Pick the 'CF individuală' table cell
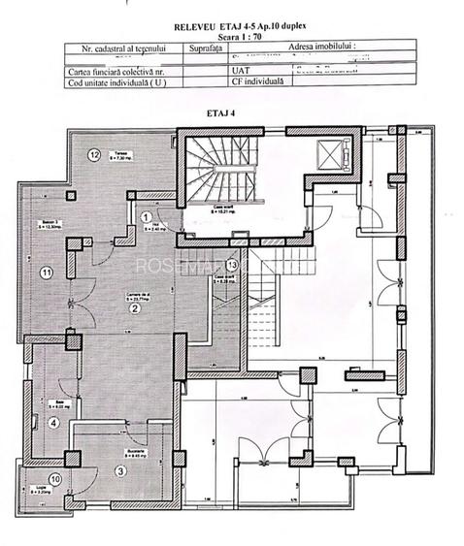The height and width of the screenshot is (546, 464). pyautogui.click(x=258, y=82)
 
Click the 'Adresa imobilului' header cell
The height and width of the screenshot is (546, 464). pyautogui.click(x=321, y=47)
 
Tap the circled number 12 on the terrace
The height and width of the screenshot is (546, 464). pyautogui.click(x=94, y=154)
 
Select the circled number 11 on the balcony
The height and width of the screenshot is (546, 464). pyautogui.click(x=45, y=273)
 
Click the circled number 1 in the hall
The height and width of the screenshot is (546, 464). pyautogui.click(x=147, y=217)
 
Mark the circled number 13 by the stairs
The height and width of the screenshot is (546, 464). pyautogui.click(x=231, y=264)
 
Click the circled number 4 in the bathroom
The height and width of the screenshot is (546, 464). pyautogui.click(x=53, y=423)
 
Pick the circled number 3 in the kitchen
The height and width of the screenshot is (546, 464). pyautogui.click(x=120, y=471)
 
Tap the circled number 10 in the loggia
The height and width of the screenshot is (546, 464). pyautogui.click(x=55, y=479)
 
